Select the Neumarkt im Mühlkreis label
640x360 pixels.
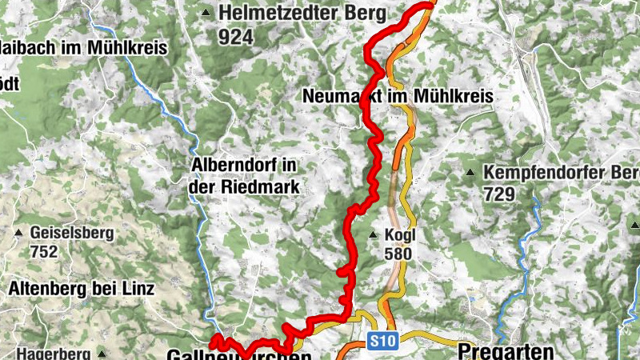pos(398,96)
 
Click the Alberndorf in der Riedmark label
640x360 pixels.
pos(245,176)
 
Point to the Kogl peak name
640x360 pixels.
pos(401,235)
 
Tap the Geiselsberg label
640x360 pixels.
pos(72,234)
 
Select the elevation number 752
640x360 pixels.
pos(44,252)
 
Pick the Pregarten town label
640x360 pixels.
pos(506,351)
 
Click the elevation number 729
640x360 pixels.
pos(500,193)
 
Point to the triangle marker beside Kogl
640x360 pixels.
pos(373,235)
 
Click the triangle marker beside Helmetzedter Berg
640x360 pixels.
pos(206,13)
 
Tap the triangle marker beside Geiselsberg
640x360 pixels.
pos(18,234)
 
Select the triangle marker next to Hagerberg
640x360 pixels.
pos(102,353)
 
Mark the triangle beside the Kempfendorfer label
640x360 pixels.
pos(470,173)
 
